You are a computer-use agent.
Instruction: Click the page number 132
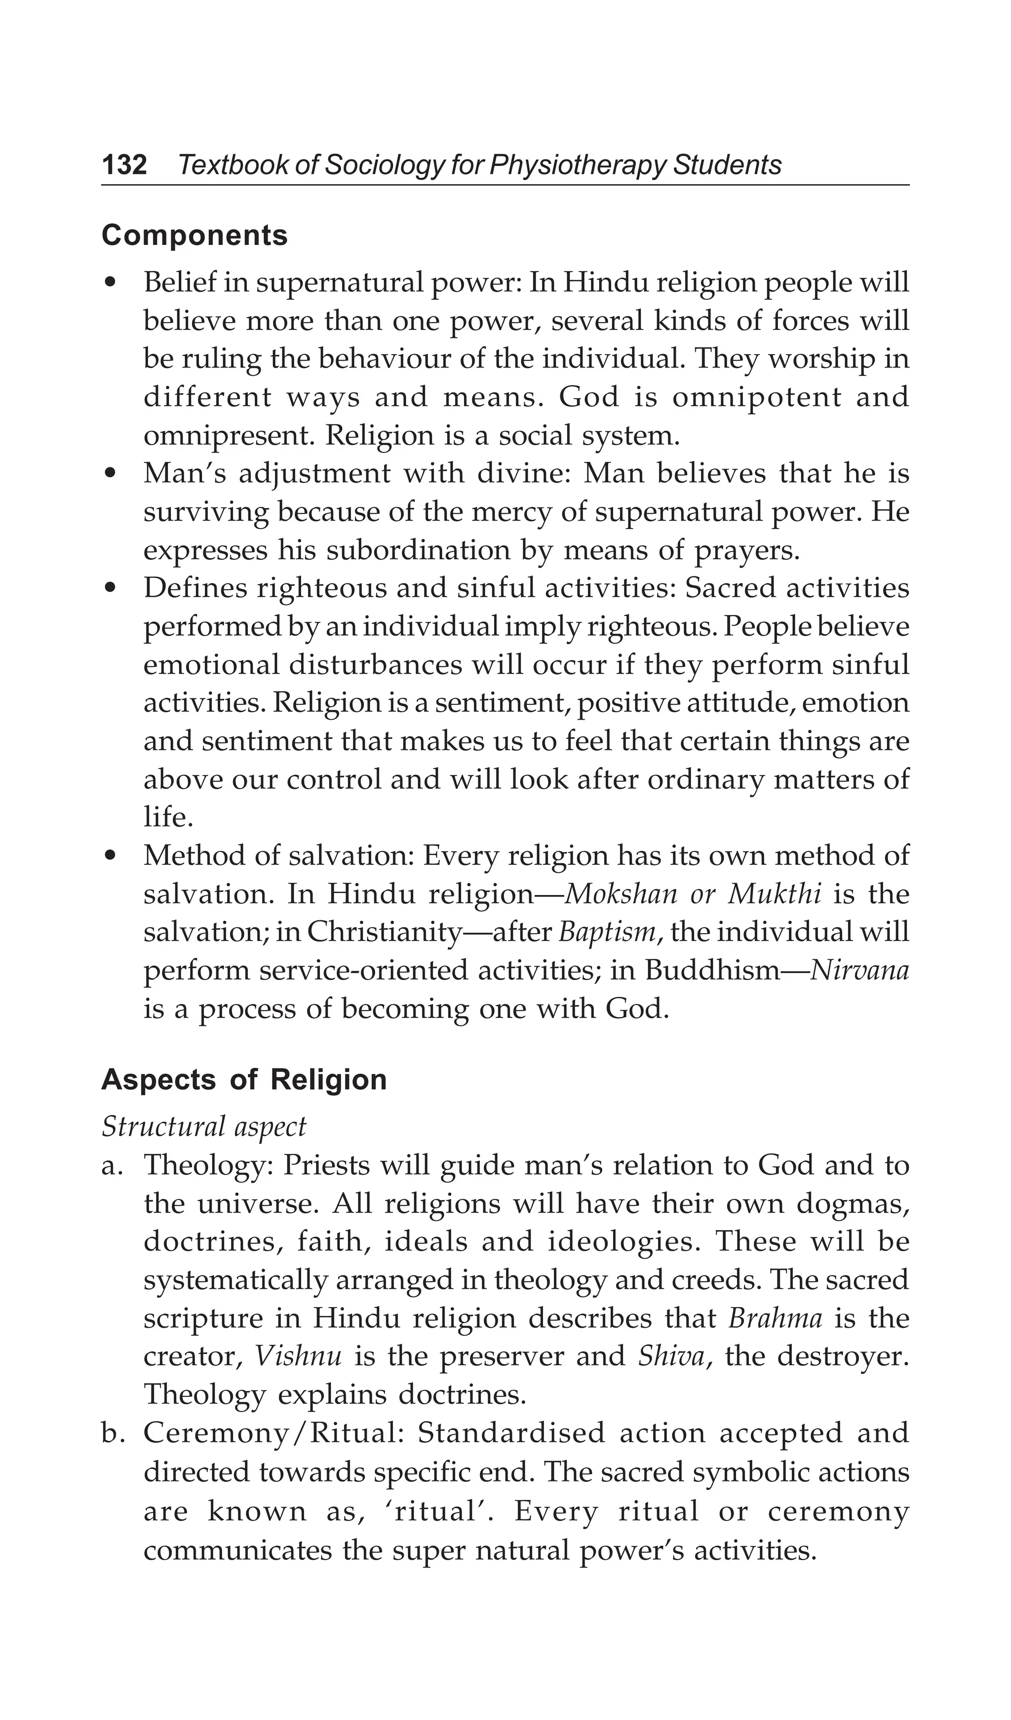pos(124,165)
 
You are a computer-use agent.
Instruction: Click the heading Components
pos(194,236)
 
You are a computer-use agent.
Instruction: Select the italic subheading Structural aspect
pos(204,1126)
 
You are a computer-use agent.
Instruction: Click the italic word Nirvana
pos(859,970)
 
